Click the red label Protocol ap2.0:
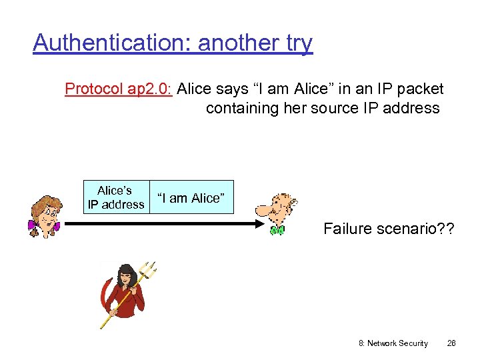pyautogui.click(x=118, y=89)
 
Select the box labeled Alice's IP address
pyautogui.click(x=115, y=197)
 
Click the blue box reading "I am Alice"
pyautogui.click(x=191, y=197)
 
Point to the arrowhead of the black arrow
pyautogui.click(x=261, y=225)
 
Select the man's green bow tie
pyautogui.click(x=277, y=231)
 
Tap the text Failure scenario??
pyautogui.click(x=389, y=229)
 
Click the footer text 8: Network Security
pyautogui.click(x=393, y=343)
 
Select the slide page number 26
pyautogui.click(x=451, y=343)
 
